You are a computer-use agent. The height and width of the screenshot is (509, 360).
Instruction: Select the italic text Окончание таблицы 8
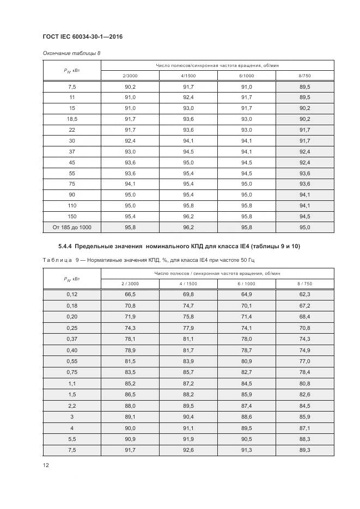click(71, 53)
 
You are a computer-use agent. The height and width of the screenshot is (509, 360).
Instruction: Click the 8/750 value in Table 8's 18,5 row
click(304, 119)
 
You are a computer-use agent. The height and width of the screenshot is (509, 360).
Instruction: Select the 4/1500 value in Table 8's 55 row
click(188, 173)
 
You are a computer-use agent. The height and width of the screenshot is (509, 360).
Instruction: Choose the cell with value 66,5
click(130, 294)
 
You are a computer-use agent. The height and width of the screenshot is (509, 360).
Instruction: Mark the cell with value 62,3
click(304, 294)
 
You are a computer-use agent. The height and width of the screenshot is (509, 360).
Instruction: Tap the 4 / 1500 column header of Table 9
click(188, 283)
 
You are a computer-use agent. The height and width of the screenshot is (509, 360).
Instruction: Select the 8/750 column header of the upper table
click(304, 76)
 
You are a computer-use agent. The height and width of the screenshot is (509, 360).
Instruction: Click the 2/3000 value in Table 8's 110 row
click(130, 205)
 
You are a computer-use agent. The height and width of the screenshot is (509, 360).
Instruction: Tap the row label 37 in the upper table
click(71, 151)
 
